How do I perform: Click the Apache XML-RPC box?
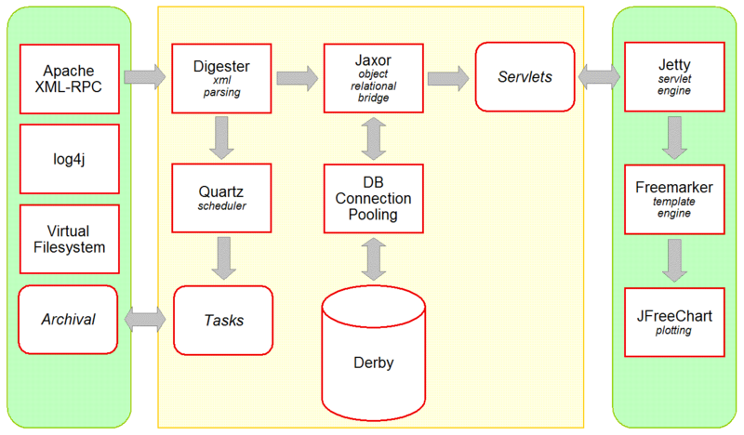[70, 78]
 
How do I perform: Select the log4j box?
[70, 158]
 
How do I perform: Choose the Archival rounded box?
[70, 319]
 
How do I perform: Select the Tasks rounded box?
[223, 319]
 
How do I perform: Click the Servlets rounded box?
[525, 77]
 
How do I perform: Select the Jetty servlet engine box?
[674, 78]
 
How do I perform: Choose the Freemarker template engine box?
[674, 198]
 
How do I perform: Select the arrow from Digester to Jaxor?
[296, 77]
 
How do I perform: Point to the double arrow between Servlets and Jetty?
[600, 77]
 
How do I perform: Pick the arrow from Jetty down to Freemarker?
[674, 138]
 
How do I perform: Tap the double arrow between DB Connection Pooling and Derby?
[373, 258]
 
